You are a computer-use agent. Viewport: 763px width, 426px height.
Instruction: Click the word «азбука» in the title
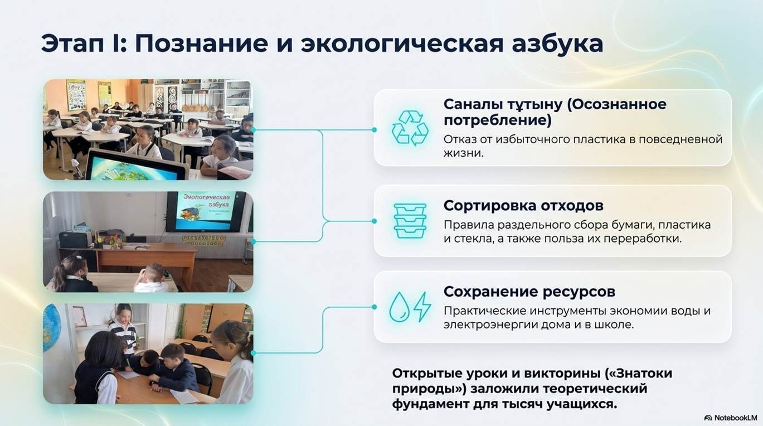pos(557,44)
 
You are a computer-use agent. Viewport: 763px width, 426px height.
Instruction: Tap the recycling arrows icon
pos(410,128)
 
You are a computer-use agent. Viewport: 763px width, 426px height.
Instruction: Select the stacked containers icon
pos(410,221)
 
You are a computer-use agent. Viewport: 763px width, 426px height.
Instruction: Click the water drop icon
pos(399,307)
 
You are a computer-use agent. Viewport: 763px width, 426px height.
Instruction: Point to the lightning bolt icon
pos(422,306)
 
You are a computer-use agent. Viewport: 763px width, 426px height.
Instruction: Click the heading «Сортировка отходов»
pos(523,206)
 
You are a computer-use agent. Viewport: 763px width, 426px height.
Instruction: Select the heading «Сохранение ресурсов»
pos(529,292)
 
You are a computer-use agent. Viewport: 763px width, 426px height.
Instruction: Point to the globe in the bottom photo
pos(51,327)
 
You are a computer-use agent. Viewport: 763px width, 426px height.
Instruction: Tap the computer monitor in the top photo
pos(136,165)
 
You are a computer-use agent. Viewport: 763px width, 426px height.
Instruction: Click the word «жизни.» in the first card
pos(464,153)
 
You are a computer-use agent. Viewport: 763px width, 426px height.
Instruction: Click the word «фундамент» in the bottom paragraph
pos(429,404)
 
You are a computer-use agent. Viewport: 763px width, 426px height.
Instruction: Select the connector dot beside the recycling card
pos(375,130)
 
